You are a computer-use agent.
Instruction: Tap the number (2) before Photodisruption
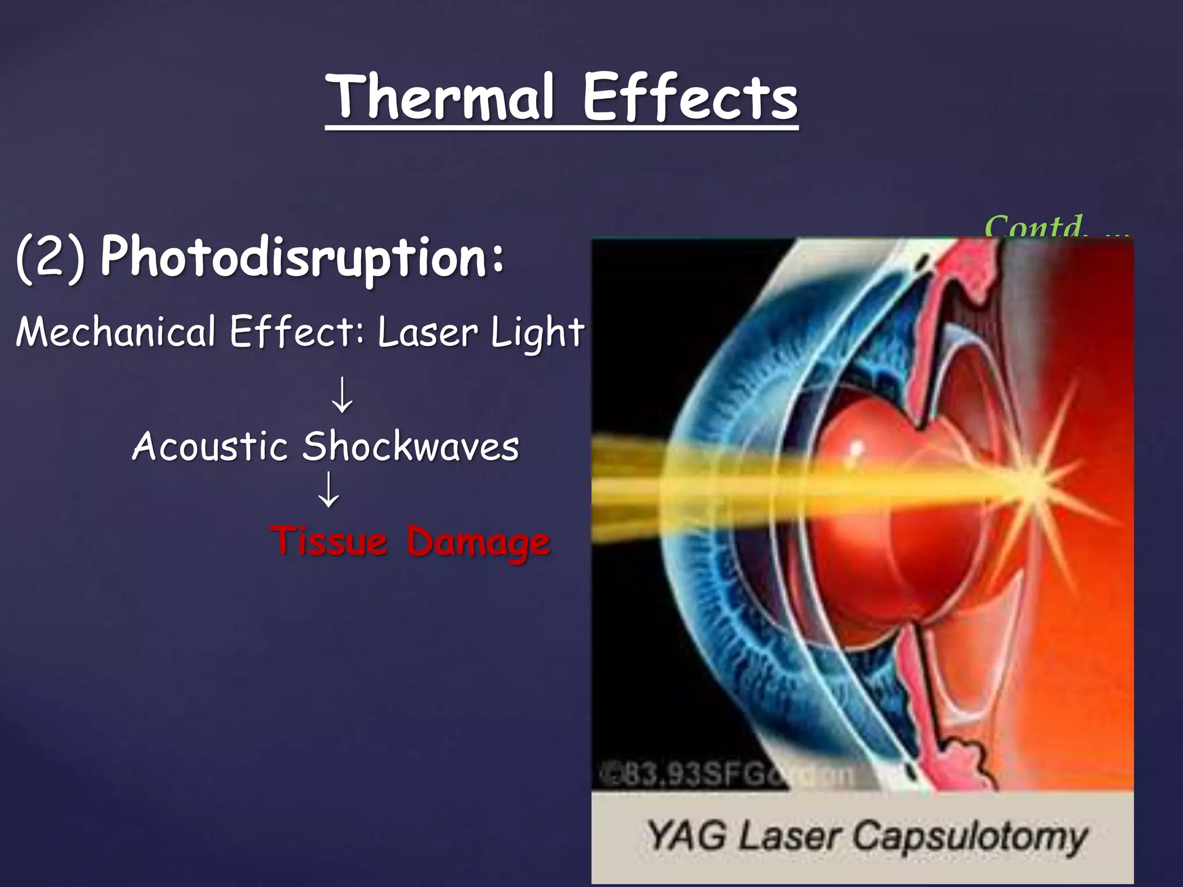51,258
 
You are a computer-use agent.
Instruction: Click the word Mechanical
116,333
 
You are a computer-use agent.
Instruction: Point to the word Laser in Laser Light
428,333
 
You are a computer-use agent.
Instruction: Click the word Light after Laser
537,334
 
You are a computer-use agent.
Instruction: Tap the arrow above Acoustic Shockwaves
343,394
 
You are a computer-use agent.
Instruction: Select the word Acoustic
210,446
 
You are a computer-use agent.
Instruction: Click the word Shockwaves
411,446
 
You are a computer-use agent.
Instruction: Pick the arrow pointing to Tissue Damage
329,490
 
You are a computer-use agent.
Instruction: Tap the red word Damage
478,543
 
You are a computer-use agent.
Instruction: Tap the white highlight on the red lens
855,450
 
